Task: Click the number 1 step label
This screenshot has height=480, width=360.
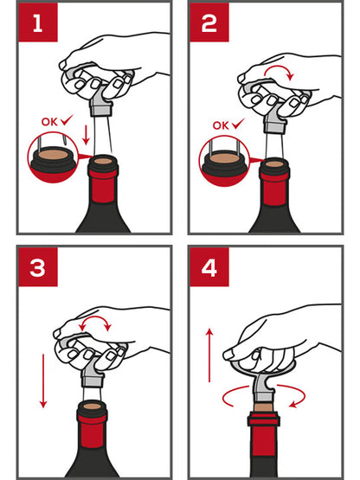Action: click(38, 23)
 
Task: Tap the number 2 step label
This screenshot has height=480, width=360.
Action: click(209, 23)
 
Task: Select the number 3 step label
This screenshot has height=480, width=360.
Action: click(38, 267)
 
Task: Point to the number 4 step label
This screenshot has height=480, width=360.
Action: click(209, 267)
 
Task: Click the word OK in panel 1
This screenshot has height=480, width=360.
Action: click(49, 122)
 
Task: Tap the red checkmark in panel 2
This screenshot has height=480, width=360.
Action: click(238, 124)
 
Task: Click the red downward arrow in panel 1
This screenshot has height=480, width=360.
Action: click(86, 134)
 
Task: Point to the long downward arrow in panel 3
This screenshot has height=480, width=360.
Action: click(43, 381)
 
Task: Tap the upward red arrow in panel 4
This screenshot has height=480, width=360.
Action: click(209, 355)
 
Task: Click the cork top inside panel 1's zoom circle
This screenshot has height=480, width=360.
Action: click(53, 154)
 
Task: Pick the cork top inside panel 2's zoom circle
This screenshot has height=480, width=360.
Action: click(224, 158)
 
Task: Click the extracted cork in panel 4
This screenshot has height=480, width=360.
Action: click(263, 407)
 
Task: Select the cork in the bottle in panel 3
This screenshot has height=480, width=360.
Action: click(93, 406)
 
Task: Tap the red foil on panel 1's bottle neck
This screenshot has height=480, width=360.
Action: click(103, 187)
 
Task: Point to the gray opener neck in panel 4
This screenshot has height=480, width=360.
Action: click(263, 387)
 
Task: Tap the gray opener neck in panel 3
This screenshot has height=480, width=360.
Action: click(93, 374)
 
